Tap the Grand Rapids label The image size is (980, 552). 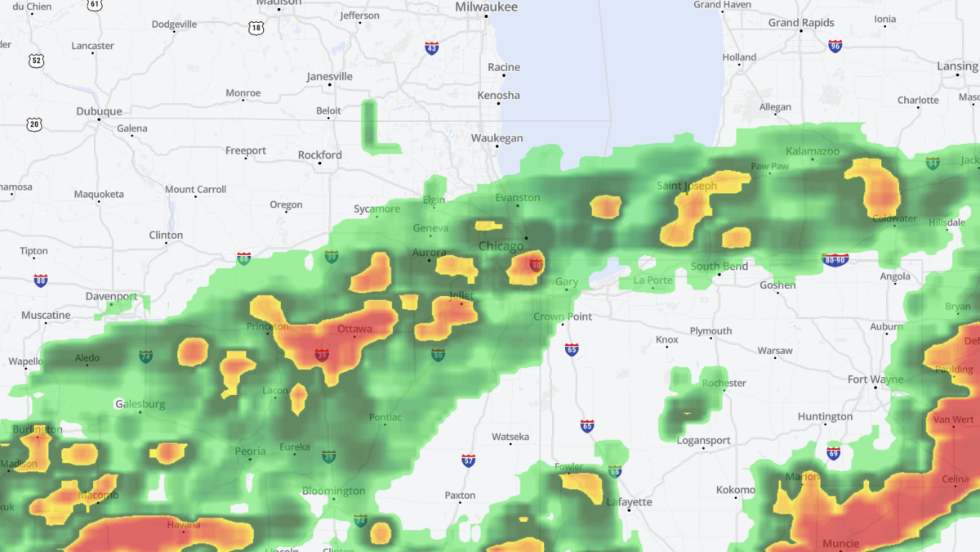(x=800, y=23)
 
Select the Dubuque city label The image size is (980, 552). (x=99, y=111)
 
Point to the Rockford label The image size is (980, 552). (x=319, y=155)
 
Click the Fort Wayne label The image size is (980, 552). (x=875, y=379)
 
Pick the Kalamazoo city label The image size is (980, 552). (x=812, y=151)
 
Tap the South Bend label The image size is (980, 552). (x=719, y=266)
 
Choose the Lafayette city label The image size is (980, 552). (x=629, y=501)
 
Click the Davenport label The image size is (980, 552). (x=111, y=296)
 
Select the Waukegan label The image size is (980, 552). (x=497, y=138)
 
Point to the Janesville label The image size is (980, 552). (x=329, y=77)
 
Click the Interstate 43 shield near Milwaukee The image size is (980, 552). (x=431, y=49)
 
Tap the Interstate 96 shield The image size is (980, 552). (x=835, y=47)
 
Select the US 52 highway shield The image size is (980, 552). (x=35, y=61)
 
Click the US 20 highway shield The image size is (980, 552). (x=33, y=124)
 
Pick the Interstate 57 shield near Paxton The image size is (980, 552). (x=468, y=461)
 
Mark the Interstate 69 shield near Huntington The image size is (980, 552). (x=833, y=453)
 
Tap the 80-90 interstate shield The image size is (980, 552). (x=835, y=260)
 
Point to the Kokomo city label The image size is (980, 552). (x=735, y=490)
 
